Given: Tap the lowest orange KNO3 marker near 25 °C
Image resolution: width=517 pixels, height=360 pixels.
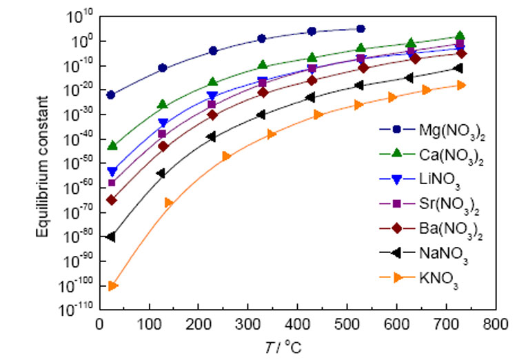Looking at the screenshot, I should coord(113,286).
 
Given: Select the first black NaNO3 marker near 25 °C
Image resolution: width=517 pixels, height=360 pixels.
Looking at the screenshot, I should coord(111,237).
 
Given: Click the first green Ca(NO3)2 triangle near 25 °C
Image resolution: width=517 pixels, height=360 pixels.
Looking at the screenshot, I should coord(112,146).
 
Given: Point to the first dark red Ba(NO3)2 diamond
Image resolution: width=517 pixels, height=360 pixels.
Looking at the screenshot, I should coord(111,200).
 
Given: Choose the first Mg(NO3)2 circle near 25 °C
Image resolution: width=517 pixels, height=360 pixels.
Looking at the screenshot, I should coord(110,94).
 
